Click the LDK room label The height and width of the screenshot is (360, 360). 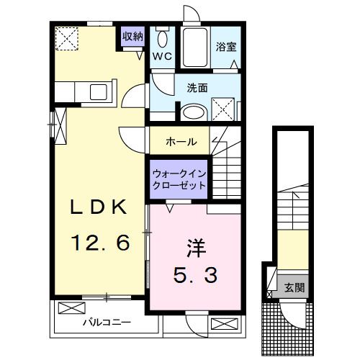coord(99,208)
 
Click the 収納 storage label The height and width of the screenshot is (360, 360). coord(132,36)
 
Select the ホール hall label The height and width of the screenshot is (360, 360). coord(181,142)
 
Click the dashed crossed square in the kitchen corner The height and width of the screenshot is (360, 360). coord(68,37)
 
